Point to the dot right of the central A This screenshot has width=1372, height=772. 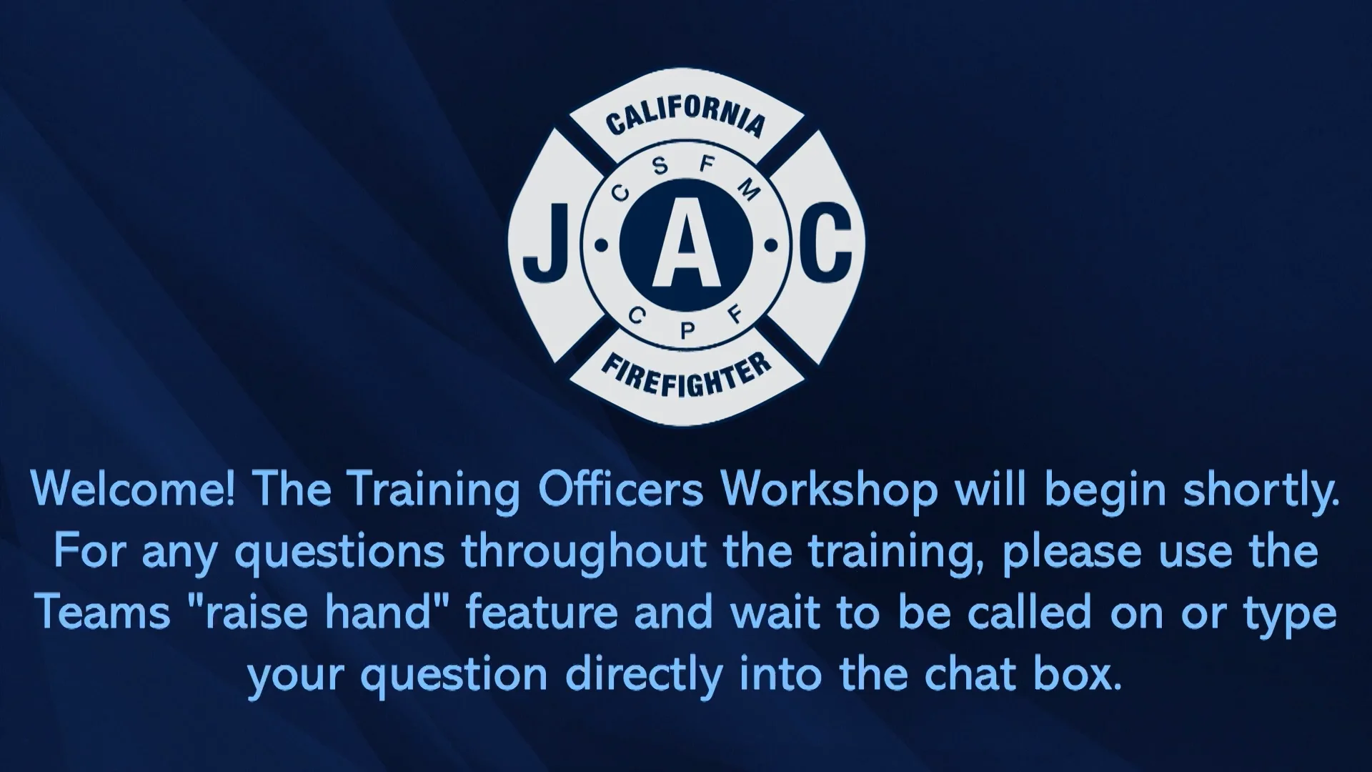click(771, 247)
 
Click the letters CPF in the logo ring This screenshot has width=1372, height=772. click(686, 321)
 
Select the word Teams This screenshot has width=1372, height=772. click(103, 613)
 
